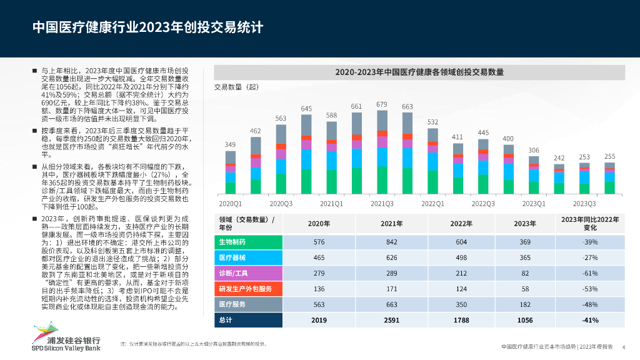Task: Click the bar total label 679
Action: (382, 104)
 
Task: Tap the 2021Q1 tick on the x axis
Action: (331, 203)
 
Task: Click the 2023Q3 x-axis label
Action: (584, 203)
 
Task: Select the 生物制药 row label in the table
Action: (232, 242)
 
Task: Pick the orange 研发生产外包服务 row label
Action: (246, 289)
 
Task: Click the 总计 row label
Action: (226, 320)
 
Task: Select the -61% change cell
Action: (589, 273)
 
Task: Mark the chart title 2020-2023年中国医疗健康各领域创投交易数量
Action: (419, 72)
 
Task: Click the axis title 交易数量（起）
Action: (236, 87)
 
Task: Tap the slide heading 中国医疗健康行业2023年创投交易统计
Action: (147, 27)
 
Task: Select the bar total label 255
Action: (609, 156)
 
